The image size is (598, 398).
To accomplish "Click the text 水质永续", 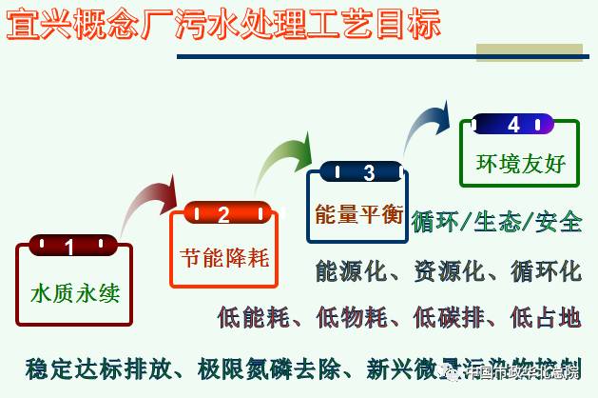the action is [x=75, y=291].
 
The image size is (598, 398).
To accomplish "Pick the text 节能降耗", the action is [x=224, y=256].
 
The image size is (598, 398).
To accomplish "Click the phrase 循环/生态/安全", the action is [x=496, y=223].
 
